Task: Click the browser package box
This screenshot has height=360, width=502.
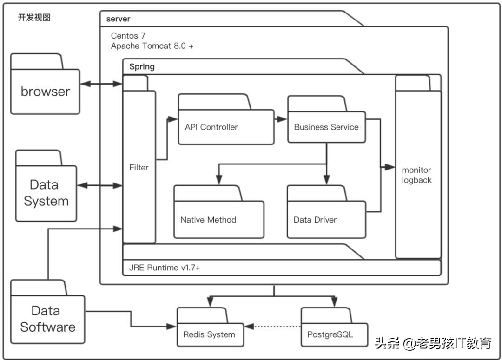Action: [x=45, y=91]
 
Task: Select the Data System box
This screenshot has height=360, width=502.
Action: [x=46, y=193]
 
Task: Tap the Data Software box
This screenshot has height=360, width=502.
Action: [x=48, y=319]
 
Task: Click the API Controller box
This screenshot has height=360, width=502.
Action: [x=226, y=127]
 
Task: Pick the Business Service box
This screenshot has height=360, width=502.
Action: [x=326, y=127]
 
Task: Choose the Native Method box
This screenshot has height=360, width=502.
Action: [x=218, y=219]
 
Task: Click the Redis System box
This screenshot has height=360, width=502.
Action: [x=210, y=334]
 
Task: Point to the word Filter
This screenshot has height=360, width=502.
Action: [x=139, y=167]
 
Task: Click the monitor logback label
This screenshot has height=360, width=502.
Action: [x=417, y=175]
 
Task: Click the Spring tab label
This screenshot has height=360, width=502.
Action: [x=142, y=66]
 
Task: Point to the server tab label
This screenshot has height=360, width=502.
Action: [x=118, y=19]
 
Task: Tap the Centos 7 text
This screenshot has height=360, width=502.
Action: [x=128, y=36]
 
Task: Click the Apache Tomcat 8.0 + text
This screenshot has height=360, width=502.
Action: [x=152, y=46]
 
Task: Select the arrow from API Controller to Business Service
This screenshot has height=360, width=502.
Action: [x=280, y=119]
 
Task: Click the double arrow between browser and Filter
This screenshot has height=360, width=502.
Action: [x=101, y=84]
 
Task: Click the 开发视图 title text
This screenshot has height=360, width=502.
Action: [x=34, y=18]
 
